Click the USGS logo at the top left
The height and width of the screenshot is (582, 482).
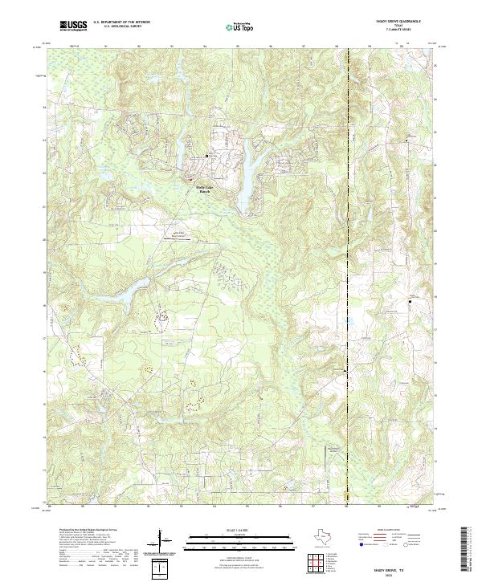point(74,26)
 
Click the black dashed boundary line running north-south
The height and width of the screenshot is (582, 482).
point(347,241)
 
